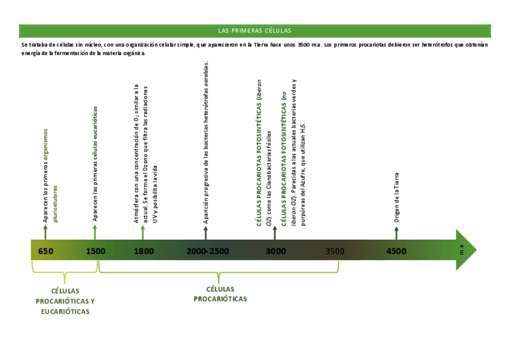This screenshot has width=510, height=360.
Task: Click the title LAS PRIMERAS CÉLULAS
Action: coord(254,31)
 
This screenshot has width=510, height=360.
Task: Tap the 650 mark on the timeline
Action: coord(46,251)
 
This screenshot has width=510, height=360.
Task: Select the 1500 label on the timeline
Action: coord(96,251)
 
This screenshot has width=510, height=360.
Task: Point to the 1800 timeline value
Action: coord(144,251)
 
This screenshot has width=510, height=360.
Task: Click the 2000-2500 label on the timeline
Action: coord(207,251)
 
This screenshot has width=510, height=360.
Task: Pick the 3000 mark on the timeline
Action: coord(276,251)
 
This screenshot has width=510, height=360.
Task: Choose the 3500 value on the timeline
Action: coord(335,251)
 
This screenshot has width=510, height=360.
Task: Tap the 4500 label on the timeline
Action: coord(396,251)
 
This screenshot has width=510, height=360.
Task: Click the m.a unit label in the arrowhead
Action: coord(461,249)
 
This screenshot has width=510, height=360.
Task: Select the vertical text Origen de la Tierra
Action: coord(396,198)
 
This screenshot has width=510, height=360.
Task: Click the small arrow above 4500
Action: coord(396,232)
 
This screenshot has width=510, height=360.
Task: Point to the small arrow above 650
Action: coord(46,232)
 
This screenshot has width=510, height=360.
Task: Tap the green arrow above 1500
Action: coord(94,232)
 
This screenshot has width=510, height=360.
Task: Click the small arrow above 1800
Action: coord(143,232)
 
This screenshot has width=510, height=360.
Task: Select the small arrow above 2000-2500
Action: coord(206,232)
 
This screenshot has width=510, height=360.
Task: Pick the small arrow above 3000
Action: coord(275,232)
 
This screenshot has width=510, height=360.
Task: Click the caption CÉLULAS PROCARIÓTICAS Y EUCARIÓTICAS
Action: coord(65,301)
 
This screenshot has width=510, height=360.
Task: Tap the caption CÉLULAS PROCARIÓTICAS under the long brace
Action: coord(220,294)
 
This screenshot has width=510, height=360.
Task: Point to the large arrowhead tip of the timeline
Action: coord(475,249)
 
